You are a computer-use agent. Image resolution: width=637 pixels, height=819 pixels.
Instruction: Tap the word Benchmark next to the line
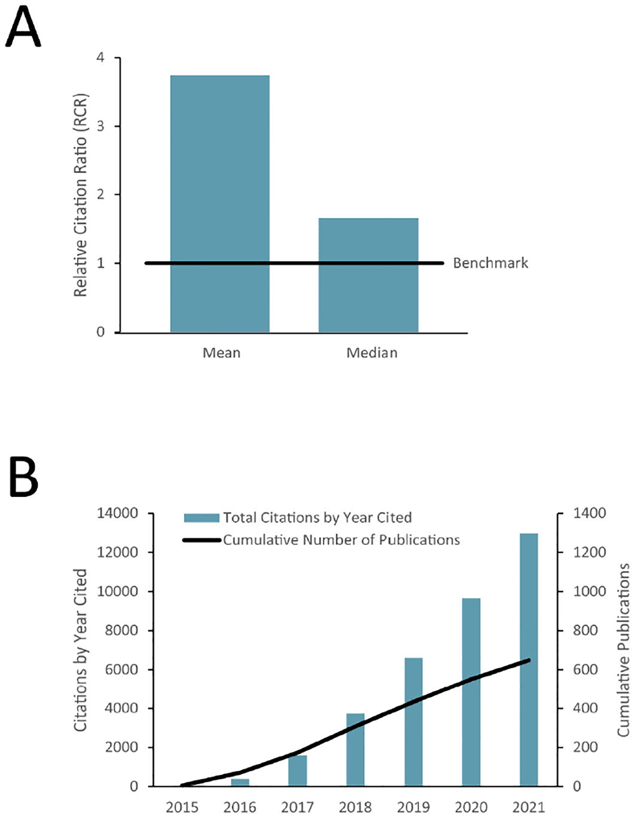point(490,263)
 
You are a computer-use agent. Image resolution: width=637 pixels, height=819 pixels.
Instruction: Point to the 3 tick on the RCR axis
point(101,126)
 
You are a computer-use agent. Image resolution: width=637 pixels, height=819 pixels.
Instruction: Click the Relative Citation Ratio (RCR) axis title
point(81,196)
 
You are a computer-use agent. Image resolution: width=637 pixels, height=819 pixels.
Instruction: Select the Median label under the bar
point(372,353)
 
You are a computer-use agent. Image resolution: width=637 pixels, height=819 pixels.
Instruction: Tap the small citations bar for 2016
point(240,782)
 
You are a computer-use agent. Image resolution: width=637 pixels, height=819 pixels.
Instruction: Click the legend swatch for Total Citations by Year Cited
point(202,518)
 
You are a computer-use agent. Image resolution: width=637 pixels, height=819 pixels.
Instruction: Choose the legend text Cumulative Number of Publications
point(341,540)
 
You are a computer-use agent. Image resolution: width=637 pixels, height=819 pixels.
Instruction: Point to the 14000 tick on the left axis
point(117,513)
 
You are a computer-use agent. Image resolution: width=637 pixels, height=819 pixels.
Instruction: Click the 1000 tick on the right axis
point(589,591)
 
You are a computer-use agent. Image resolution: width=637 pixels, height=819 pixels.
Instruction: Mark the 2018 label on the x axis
point(355,808)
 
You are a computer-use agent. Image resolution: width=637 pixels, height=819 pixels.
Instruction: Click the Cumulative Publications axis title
point(623,651)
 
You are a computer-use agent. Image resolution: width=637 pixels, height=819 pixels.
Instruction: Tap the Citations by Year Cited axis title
point(81,651)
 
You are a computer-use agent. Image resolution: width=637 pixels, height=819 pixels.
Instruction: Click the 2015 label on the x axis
point(182,808)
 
